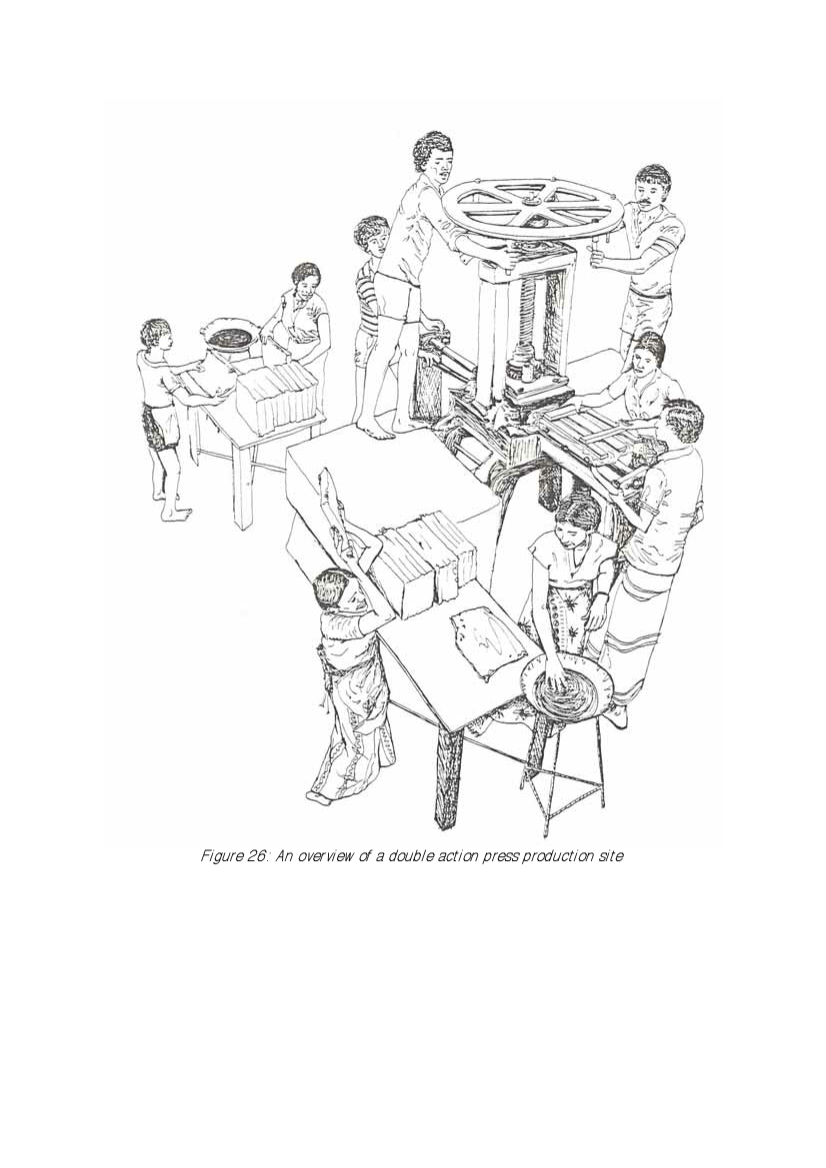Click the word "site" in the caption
pos(609,856)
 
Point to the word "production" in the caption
pos(554,856)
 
